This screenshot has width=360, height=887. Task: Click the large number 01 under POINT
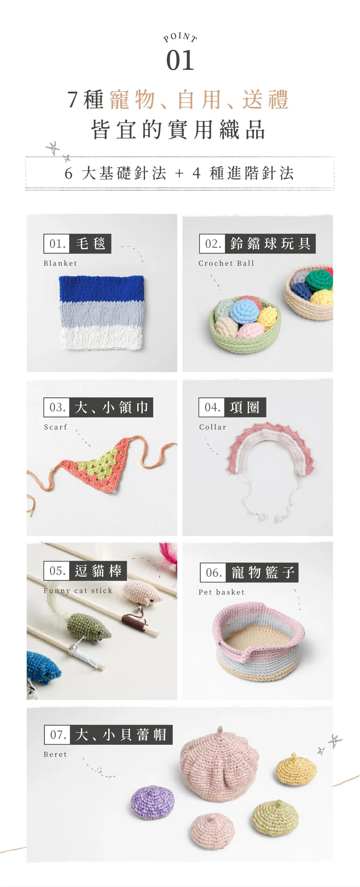click(180, 60)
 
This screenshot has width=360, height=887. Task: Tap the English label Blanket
click(60, 263)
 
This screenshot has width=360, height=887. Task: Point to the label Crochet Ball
click(226, 263)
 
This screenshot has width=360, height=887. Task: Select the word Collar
click(213, 427)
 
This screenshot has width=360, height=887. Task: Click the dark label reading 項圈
click(245, 407)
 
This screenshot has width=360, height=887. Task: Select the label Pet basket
click(221, 592)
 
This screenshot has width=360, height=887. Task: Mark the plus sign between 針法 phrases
click(179, 173)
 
